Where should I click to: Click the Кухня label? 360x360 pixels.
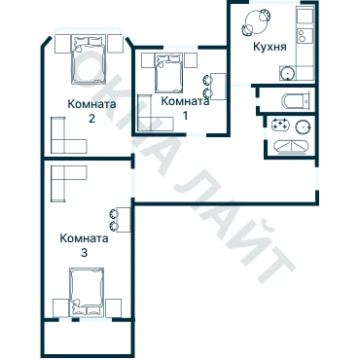[x=270, y=47]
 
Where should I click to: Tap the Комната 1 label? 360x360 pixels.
[x=185, y=108]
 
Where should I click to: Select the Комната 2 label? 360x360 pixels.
[x=91, y=111]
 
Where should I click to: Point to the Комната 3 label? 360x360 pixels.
[x=84, y=245]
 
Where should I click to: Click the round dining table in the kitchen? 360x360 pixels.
[x=256, y=22]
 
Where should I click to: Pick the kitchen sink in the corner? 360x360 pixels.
[x=287, y=73]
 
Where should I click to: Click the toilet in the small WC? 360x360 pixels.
[x=296, y=101]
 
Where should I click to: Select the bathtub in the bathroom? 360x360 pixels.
[x=291, y=146]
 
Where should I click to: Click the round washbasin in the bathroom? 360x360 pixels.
[x=303, y=126]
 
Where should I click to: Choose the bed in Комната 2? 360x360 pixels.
[x=89, y=60]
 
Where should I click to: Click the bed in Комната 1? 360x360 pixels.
[x=168, y=73]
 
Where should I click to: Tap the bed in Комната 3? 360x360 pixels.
[x=88, y=291]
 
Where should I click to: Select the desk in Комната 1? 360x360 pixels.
[x=218, y=87]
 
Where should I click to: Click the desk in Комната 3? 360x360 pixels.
[x=124, y=220]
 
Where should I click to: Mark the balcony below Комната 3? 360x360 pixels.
[x=88, y=338]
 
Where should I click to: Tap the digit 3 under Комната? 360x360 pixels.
[x=84, y=253]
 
